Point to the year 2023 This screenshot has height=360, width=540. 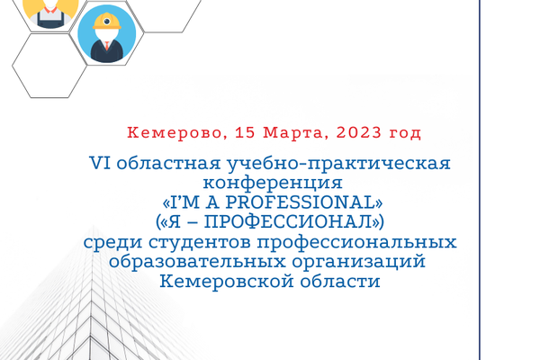click(x=359, y=132)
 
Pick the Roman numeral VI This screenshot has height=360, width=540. click(x=100, y=163)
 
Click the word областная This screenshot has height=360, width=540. click(x=168, y=163)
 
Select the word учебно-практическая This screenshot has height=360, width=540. click(x=338, y=163)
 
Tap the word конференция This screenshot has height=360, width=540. click(x=273, y=183)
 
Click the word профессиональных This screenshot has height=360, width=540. click(x=356, y=242)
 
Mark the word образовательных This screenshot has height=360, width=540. click(x=197, y=261)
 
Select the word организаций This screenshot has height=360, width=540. click(x=359, y=262)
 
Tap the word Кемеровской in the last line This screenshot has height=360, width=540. click(x=227, y=281)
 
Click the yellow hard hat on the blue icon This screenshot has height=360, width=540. click(x=107, y=22)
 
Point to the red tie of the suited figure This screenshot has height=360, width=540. click(x=107, y=46)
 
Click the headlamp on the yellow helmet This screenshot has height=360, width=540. click(x=107, y=22)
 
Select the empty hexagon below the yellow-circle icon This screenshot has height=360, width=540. click(x=49, y=66)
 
